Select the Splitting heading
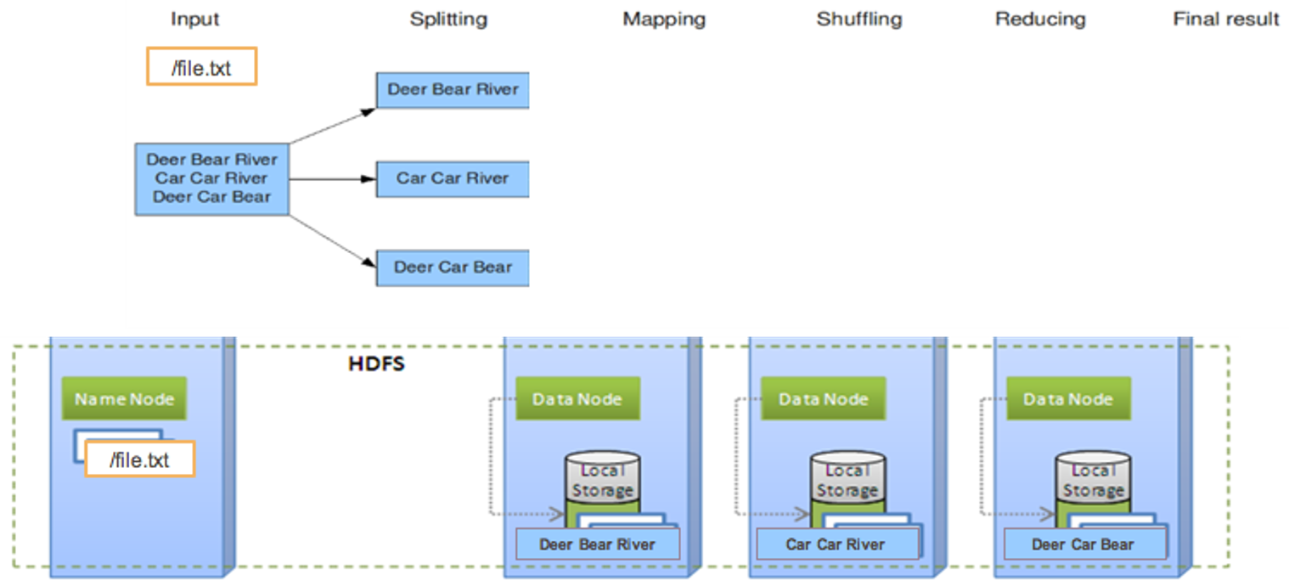(x=448, y=19)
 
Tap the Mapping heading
(x=664, y=19)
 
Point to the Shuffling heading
(x=859, y=19)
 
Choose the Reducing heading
(x=1040, y=19)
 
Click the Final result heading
(x=1226, y=19)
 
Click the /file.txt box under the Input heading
(x=201, y=67)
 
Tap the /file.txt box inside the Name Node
(x=139, y=459)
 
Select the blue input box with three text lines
(x=211, y=178)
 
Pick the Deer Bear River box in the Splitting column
(x=453, y=90)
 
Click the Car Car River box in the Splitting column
(x=453, y=178)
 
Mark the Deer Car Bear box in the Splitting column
(x=453, y=268)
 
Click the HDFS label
(x=376, y=365)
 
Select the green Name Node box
(x=124, y=399)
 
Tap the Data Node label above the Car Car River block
(x=823, y=399)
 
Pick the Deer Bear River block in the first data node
(x=597, y=544)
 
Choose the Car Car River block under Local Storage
(x=835, y=544)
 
